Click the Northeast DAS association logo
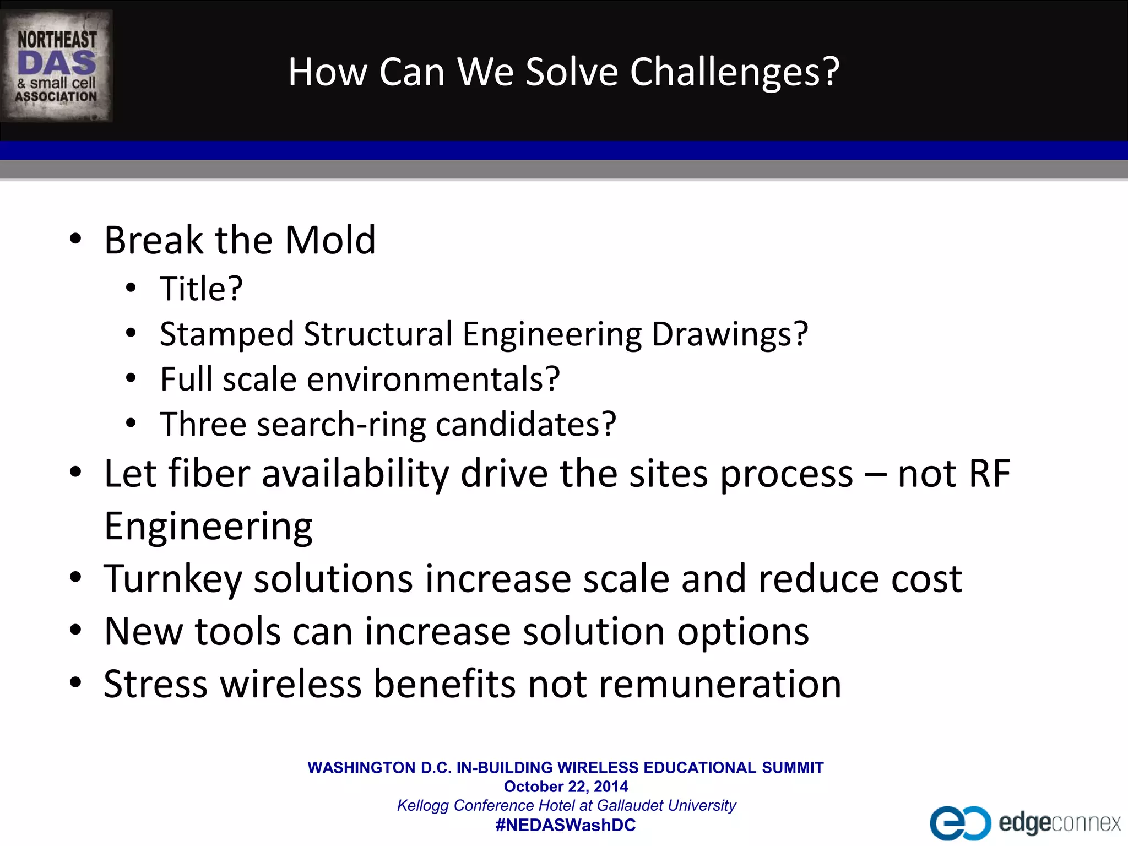point(56,66)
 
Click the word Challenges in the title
point(734,72)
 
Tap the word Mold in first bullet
point(330,240)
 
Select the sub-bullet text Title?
point(201,289)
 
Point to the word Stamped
point(227,334)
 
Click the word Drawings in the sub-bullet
point(729,334)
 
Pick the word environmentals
point(432,379)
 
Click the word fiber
point(209,474)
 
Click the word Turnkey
point(173,579)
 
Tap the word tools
point(238,632)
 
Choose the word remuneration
point(720,684)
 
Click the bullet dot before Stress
point(75,683)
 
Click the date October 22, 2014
point(566,787)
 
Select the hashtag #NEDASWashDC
point(566,825)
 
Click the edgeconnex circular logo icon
point(959,823)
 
